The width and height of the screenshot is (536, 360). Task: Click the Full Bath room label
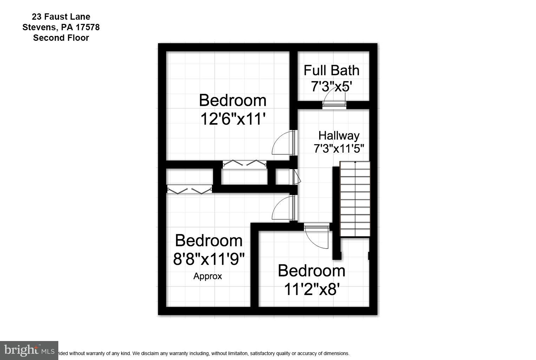(x=331, y=70)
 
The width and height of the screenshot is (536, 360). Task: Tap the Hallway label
(x=339, y=135)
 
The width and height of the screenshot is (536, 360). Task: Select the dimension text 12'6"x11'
(x=232, y=119)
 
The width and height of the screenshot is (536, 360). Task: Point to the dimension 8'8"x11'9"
(x=209, y=259)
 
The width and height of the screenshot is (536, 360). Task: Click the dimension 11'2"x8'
(x=311, y=289)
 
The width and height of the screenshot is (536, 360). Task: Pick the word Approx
(x=208, y=276)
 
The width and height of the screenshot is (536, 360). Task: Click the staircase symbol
(x=355, y=199)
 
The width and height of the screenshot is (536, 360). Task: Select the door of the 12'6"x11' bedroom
(x=284, y=143)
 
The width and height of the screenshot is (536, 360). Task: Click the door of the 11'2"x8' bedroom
(x=317, y=236)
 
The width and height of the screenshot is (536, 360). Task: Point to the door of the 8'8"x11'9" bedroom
(x=284, y=208)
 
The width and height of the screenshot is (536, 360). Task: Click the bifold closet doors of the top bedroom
(x=244, y=163)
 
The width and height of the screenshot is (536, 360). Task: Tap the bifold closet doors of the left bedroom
(x=189, y=190)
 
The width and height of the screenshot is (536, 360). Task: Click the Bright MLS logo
(x=29, y=350)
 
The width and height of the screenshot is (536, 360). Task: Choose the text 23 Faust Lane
(x=61, y=17)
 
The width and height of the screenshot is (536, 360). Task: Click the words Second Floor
(x=61, y=38)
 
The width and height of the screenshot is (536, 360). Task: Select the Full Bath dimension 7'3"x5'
(x=331, y=86)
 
